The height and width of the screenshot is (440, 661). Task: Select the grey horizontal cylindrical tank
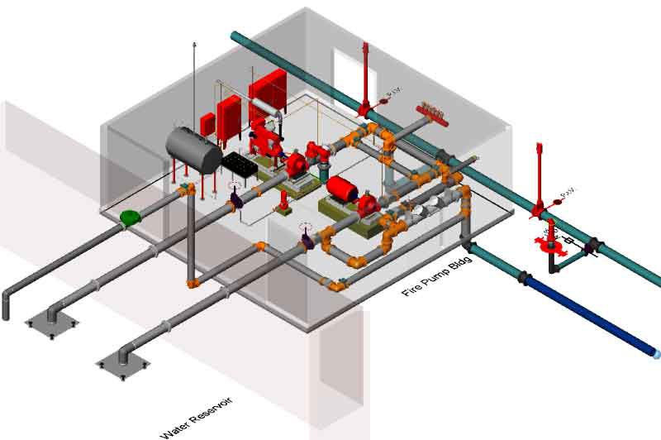(x=193, y=150)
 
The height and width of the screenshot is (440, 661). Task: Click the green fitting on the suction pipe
(x=130, y=218)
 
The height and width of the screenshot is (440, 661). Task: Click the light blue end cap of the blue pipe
(x=657, y=354)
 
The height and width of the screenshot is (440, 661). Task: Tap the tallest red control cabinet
(x=268, y=93)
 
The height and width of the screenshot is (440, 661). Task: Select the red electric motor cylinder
(x=340, y=189)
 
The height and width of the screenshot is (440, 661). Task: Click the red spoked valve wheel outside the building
(x=546, y=244)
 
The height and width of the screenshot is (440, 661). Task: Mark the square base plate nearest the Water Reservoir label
(x=123, y=362)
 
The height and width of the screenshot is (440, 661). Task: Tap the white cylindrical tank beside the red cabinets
(x=266, y=107)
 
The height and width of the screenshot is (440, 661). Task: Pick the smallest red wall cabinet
(x=207, y=122)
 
